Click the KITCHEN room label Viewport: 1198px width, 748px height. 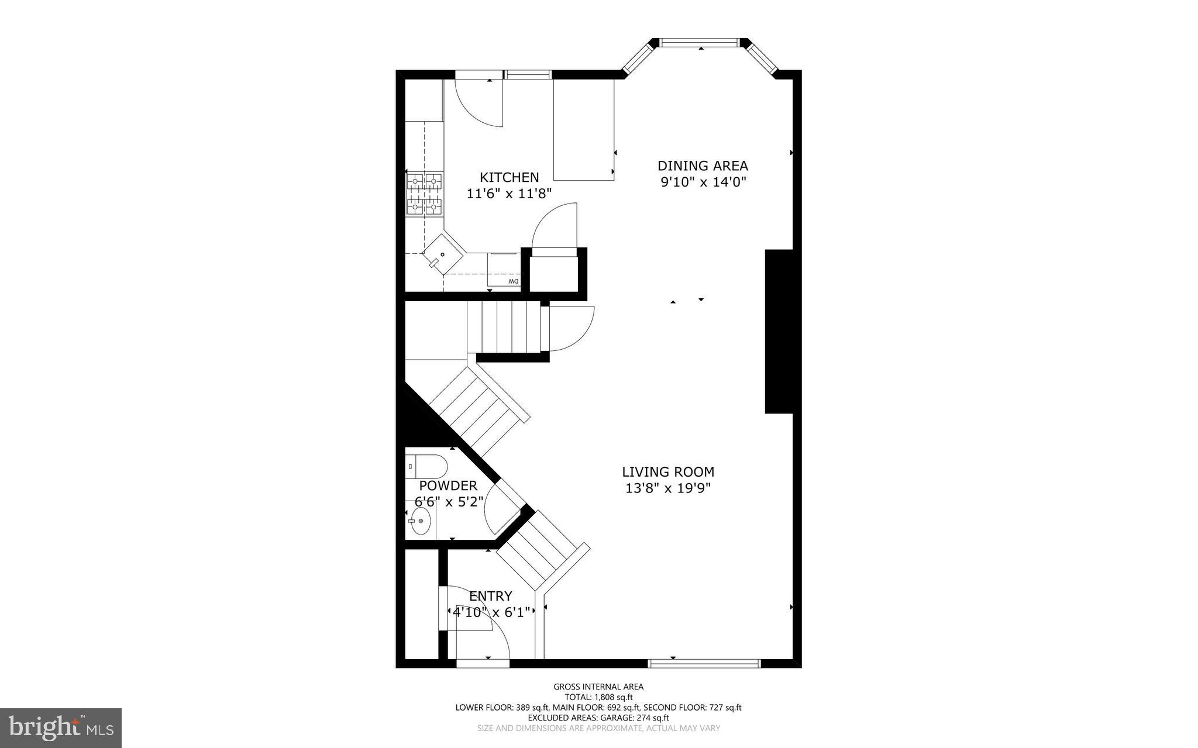tap(509, 177)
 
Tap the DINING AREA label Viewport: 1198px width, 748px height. tap(703, 166)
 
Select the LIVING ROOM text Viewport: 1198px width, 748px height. tap(667, 472)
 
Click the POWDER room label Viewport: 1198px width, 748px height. tap(448, 485)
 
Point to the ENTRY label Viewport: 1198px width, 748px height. tap(490, 596)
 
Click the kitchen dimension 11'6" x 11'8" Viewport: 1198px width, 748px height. tap(509, 194)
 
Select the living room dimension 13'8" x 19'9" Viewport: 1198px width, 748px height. tap(667, 488)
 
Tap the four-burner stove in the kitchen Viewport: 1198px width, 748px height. tap(425, 193)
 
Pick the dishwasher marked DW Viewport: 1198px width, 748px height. tap(504, 270)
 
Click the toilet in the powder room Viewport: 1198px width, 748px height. tap(426, 467)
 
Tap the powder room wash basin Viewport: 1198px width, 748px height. tap(420, 521)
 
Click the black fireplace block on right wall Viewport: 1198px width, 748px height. tap(779, 331)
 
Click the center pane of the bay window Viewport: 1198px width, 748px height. tap(700, 43)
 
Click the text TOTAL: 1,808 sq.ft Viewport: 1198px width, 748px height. tap(598, 697)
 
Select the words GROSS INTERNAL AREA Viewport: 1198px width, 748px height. tap(598, 687)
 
